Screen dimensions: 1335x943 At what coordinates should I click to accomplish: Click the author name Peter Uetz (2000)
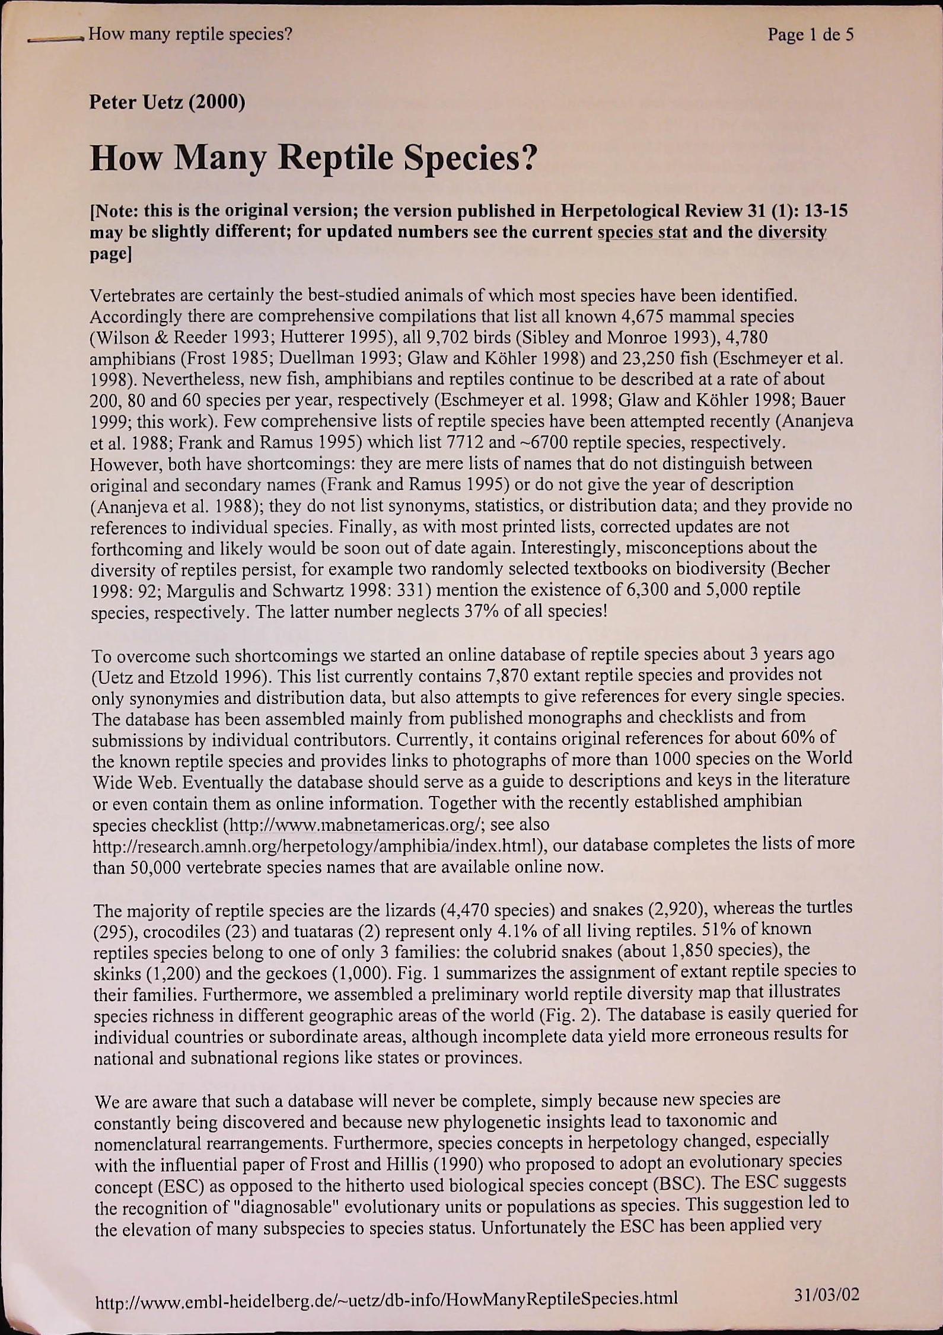click(167, 103)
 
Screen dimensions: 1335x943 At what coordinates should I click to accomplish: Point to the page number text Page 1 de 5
click(810, 34)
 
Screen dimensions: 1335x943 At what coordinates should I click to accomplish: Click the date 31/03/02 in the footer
click(826, 1293)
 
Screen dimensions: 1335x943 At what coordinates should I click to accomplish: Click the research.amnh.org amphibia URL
click(316, 846)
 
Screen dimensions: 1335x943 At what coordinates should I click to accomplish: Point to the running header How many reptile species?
click(190, 34)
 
